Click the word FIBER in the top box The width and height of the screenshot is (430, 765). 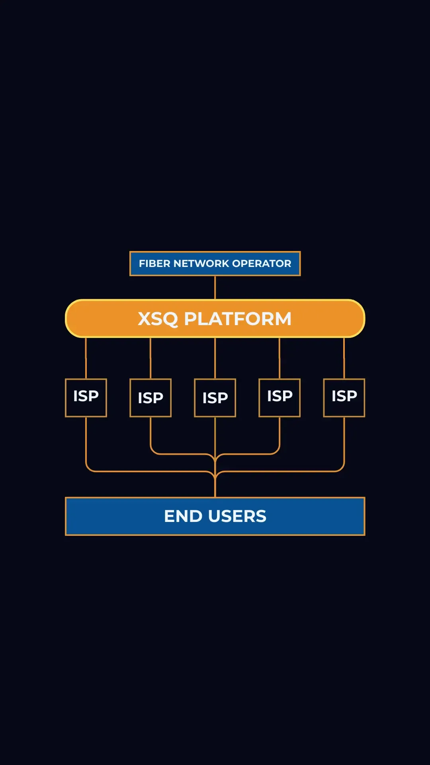[x=154, y=263]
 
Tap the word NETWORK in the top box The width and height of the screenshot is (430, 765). [x=201, y=263]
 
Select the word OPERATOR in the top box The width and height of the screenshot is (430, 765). [x=262, y=263]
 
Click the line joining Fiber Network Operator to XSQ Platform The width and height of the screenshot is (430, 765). [x=215, y=287]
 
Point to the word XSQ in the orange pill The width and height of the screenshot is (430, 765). [x=158, y=319]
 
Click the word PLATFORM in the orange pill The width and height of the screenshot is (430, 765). [x=238, y=319]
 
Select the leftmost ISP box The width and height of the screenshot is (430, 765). [x=86, y=398]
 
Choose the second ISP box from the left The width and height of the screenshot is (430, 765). [x=150, y=398]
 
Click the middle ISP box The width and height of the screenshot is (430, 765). [x=215, y=398]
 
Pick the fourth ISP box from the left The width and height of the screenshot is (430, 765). [x=279, y=398]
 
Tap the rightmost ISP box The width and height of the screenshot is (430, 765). [x=344, y=398]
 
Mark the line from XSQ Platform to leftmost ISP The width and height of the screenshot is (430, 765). [x=86, y=358]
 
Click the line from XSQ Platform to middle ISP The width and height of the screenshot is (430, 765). [x=215, y=358]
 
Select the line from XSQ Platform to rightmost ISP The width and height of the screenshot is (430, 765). [x=344, y=358]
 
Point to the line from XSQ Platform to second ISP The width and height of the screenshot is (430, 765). [x=150, y=358]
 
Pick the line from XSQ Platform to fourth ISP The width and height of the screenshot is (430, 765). [x=279, y=358]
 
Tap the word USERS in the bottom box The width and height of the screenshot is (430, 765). [x=237, y=516]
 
